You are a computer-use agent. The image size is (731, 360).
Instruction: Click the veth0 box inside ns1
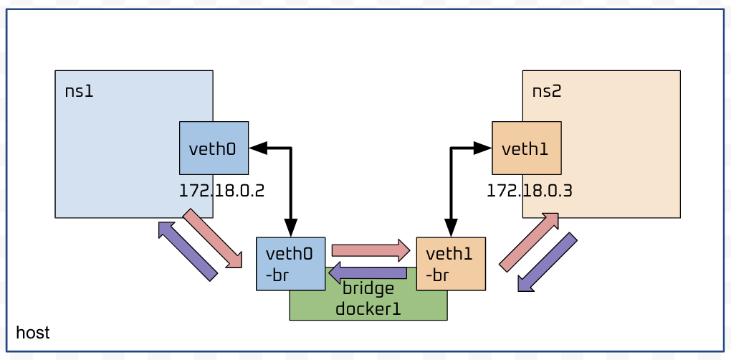213,148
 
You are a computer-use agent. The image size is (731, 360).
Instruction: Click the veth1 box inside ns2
526,148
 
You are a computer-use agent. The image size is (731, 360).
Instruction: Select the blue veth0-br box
290,263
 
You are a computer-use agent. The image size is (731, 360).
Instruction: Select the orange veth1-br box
451,264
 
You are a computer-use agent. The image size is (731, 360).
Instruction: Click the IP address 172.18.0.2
222,191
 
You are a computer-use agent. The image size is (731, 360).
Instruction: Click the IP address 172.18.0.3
530,191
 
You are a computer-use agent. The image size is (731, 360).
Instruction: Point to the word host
33,333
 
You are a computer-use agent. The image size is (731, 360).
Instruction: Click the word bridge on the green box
368,288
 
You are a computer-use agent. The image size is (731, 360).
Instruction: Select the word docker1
368,309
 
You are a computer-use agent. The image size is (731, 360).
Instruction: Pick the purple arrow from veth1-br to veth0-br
368,273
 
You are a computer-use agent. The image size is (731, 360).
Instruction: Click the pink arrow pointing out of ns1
214,240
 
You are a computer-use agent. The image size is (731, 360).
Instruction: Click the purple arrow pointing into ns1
186,250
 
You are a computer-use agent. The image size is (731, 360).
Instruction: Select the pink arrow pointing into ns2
529,242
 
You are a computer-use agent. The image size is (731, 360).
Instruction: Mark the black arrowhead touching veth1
482,148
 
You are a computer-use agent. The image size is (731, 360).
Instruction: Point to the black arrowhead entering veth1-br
451,228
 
